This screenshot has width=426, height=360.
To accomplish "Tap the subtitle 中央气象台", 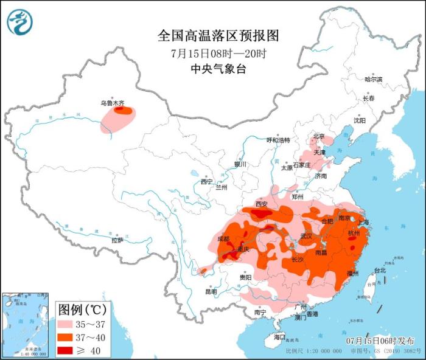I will (x=218, y=69).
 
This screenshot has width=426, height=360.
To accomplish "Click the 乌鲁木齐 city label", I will (x=112, y=103).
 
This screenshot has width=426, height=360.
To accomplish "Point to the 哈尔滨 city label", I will (x=373, y=80).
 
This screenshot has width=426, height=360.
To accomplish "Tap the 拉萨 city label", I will (x=117, y=240).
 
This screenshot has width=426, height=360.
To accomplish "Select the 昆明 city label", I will (x=211, y=291).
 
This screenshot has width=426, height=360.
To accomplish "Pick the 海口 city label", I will (x=279, y=337).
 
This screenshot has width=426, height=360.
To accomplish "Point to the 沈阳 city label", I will (x=360, y=120).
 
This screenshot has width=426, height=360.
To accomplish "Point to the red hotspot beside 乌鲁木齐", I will (x=124, y=111).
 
